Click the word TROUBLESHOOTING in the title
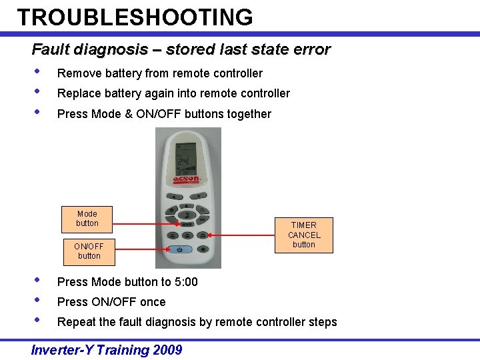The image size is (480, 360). (135, 17)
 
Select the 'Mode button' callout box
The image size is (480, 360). (87, 219)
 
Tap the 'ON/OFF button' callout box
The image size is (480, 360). (89, 251)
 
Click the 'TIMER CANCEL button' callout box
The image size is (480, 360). (304, 235)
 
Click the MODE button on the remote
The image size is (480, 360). (187, 225)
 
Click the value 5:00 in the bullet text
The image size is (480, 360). (186, 282)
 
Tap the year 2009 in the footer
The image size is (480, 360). (167, 350)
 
